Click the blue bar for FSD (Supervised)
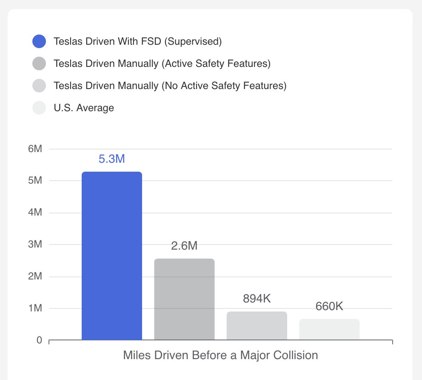click(x=111, y=256)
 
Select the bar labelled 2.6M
click(x=184, y=299)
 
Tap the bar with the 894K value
click(x=257, y=325)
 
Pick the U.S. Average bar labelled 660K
click(x=329, y=329)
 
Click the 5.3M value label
click(x=111, y=159)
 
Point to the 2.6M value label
click(x=184, y=246)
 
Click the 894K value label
click(x=257, y=299)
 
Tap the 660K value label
click(x=329, y=306)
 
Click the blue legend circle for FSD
click(x=39, y=41)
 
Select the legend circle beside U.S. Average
click(x=39, y=108)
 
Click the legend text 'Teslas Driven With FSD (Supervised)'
click(x=138, y=41)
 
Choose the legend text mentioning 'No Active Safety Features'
click(x=170, y=86)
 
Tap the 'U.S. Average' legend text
click(x=84, y=108)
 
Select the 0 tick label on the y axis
click(x=39, y=340)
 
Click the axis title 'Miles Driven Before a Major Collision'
click(x=220, y=355)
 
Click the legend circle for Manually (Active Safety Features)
click(x=39, y=63)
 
